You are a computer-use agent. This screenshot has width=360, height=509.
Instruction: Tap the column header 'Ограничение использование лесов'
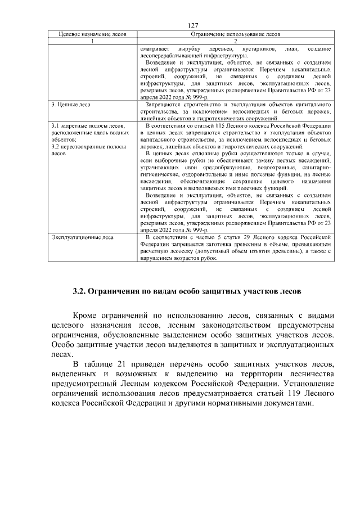pyautogui.click(x=236, y=34)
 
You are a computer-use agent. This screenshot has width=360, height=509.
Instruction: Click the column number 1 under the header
pyautogui.click(x=92, y=42)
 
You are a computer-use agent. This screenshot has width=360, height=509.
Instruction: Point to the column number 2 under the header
pyautogui.click(x=236, y=42)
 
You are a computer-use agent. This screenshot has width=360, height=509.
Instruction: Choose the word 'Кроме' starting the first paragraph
pyautogui.click(x=88, y=316)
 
